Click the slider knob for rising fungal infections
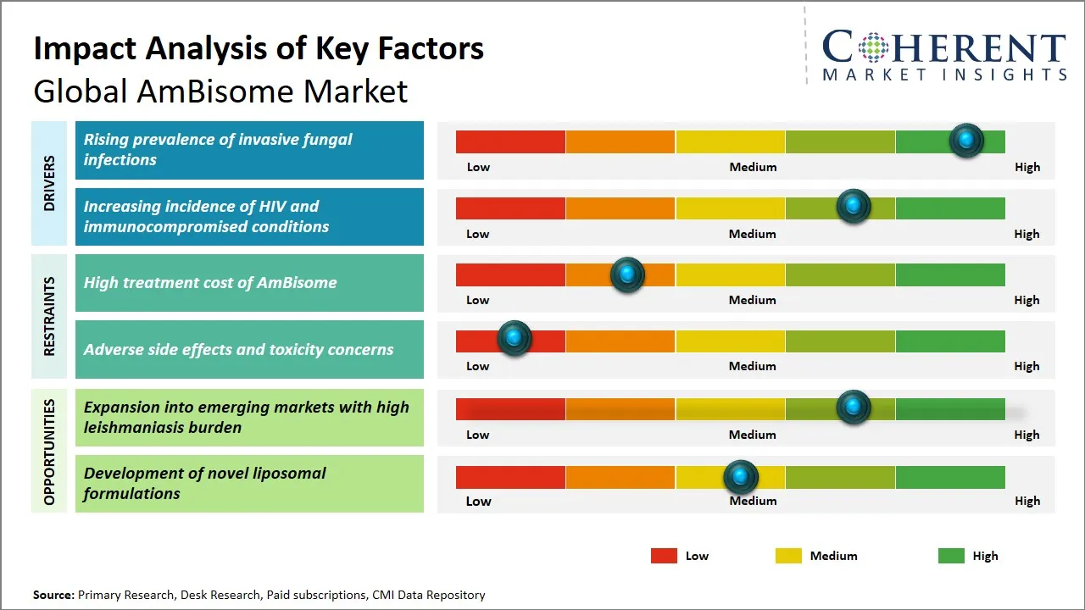point(966,141)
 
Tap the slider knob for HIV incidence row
point(854,206)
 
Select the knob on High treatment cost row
point(627,274)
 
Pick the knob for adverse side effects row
point(514,339)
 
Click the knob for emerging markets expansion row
point(854,408)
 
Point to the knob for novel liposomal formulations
point(741,478)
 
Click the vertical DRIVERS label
point(49,184)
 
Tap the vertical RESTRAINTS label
point(49,316)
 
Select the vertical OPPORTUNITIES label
point(49,452)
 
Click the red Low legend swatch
point(664,556)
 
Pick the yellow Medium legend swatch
point(788,556)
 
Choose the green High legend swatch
point(951,556)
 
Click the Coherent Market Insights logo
point(944,55)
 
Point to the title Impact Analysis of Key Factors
point(259,48)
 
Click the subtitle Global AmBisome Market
point(220,91)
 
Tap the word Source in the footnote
point(53,595)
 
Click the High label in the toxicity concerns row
point(1027,366)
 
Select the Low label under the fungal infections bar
point(478,167)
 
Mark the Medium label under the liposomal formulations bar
point(753,501)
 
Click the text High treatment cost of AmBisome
point(210,283)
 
